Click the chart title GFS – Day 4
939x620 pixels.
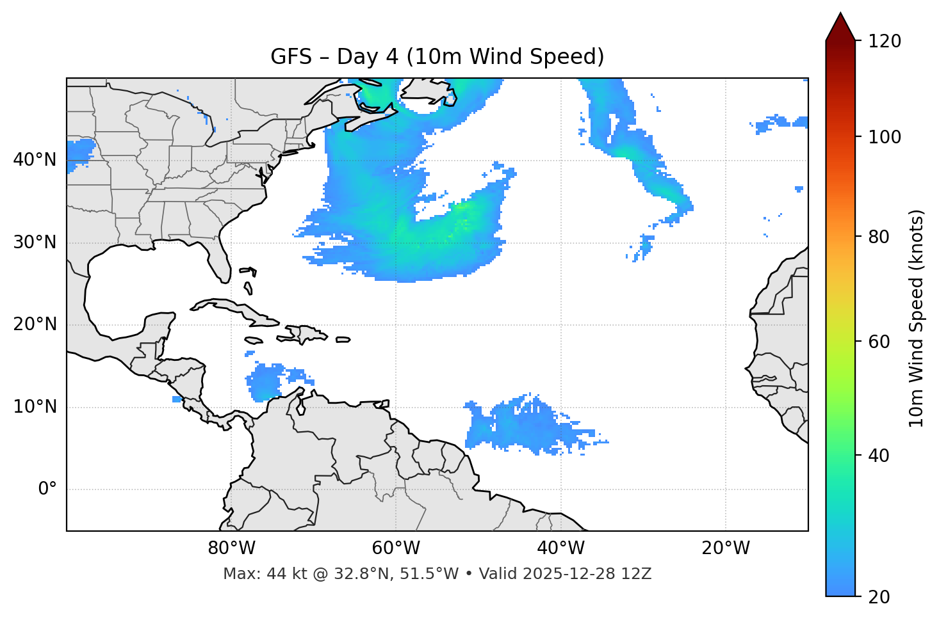coord(437,57)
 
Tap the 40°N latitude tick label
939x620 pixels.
coord(35,160)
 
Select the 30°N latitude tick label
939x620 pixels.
coord(35,242)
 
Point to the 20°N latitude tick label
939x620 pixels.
coord(35,324)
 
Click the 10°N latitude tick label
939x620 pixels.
coord(35,407)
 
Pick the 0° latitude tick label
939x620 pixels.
coord(47,489)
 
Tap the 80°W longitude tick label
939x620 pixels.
coord(231,548)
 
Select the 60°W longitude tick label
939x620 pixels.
coord(396,548)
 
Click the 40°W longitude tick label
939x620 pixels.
coord(560,548)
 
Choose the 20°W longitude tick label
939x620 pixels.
coord(726,548)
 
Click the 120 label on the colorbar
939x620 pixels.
coord(885,42)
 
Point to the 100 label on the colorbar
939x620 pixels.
coord(885,137)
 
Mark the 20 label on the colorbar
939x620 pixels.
coord(879,597)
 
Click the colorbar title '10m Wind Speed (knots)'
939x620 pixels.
coord(917,318)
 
